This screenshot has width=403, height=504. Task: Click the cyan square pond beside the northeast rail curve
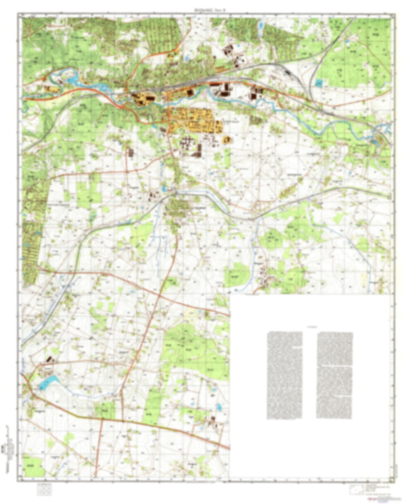[x=318, y=83]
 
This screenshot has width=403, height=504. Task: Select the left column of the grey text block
[x=284, y=375]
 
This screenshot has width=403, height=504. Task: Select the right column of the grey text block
[x=334, y=375]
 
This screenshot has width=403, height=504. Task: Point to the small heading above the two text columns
[x=310, y=326]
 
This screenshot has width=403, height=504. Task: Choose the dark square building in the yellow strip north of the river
[x=190, y=92]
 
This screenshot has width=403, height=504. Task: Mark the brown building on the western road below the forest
[x=130, y=152]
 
